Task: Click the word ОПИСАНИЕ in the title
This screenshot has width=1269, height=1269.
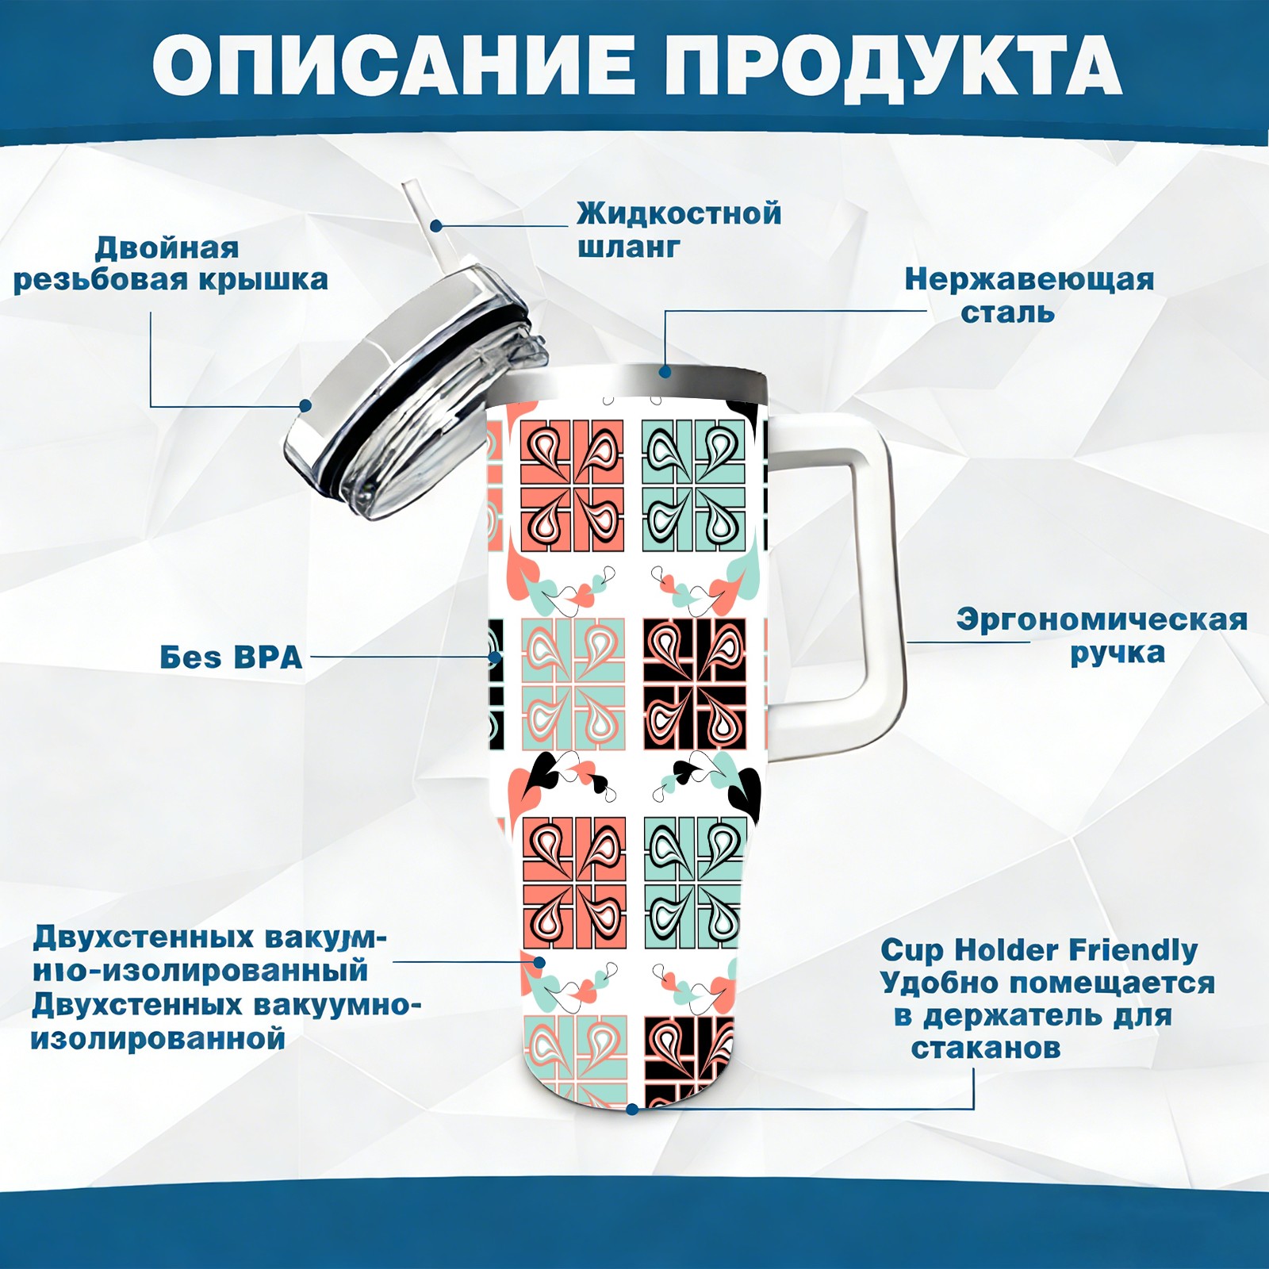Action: click(x=393, y=65)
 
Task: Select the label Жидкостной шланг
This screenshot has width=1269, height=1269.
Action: click(x=679, y=229)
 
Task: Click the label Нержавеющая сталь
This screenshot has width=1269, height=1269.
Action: click(x=1029, y=296)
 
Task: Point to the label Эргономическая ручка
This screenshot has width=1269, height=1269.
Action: click(x=1102, y=636)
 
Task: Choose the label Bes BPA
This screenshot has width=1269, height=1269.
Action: click(x=231, y=658)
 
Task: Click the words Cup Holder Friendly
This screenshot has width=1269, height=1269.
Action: click(x=1039, y=950)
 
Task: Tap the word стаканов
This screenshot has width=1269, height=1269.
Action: click(x=985, y=1049)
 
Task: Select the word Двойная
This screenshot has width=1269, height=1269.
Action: click(x=167, y=248)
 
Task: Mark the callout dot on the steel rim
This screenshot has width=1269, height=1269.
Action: click(x=665, y=371)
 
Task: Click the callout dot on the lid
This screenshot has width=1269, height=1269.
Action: click(x=305, y=406)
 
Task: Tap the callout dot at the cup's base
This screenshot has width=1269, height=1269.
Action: click(x=632, y=1109)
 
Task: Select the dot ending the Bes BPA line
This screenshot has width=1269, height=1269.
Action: click(x=495, y=658)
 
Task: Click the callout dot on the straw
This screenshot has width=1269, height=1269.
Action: click(x=436, y=225)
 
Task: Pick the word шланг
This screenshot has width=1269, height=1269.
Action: click(x=628, y=247)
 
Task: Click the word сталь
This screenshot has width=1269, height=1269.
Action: click(x=1007, y=312)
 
